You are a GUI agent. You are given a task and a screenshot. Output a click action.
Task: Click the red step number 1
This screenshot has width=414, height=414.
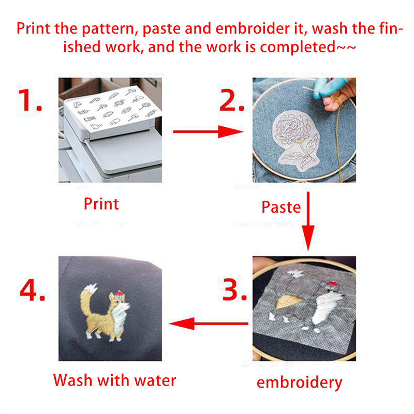29,100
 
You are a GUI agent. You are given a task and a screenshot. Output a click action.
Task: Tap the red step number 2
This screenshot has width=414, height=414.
231,100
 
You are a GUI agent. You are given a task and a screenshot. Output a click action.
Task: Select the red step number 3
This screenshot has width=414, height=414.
234,289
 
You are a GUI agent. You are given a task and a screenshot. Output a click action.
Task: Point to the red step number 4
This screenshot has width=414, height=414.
32,289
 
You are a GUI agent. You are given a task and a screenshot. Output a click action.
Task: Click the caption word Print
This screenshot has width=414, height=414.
101,204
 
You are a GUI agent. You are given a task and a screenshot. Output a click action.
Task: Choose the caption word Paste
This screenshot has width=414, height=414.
281,207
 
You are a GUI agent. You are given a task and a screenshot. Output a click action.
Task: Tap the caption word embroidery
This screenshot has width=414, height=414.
300,382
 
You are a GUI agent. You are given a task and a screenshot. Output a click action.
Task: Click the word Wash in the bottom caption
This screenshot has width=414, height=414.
72,380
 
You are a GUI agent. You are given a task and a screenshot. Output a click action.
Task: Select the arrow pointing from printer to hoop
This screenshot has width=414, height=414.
208,131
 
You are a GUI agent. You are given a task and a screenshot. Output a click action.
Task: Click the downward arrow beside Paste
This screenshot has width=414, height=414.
308,221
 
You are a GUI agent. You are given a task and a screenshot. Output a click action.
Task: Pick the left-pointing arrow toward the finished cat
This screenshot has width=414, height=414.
209,323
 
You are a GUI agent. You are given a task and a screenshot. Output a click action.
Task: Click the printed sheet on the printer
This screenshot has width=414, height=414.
113,109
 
